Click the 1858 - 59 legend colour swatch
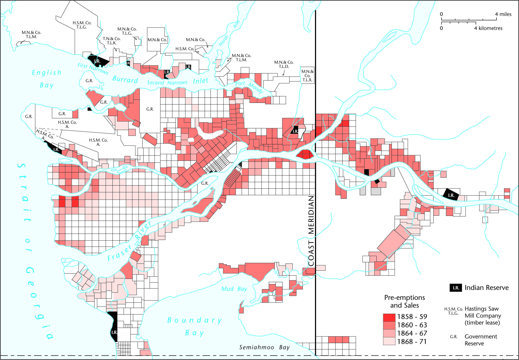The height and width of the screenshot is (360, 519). click(389, 317)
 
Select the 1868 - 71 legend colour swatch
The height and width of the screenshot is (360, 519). click(389, 341)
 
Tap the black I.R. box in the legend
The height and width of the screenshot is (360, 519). click(456, 288)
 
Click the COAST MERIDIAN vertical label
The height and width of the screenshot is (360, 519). click(311, 231)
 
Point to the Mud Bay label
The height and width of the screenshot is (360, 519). click(234, 289)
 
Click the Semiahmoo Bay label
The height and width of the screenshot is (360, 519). click(264, 347)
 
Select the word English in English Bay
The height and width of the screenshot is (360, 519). click(47, 73)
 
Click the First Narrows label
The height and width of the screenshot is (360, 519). click(93, 68)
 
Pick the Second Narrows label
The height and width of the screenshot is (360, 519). click(167, 83)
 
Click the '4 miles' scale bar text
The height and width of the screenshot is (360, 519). click(503, 14)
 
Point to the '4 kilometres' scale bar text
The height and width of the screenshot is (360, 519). click(488, 28)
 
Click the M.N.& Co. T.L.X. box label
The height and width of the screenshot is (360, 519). click(307, 76)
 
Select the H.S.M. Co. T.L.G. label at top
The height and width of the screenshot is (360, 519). click(82, 25)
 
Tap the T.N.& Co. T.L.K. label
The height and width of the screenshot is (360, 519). click(111, 41)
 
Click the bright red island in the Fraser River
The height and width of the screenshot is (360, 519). click(305, 154)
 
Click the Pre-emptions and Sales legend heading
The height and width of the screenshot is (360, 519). click(404, 301)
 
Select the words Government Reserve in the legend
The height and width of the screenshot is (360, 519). click(481, 340)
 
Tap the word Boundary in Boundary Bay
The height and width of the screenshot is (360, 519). click(194, 321)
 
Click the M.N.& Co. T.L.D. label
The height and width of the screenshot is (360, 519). click(284, 64)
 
